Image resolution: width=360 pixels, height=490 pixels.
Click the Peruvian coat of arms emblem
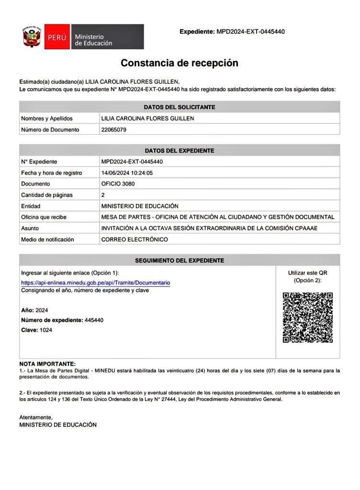click(31, 37)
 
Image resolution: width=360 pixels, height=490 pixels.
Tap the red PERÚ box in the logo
click(56, 37)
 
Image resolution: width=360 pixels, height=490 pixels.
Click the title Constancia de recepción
click(179, 63)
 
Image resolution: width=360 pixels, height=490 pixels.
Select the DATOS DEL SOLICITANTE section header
click(180, 107)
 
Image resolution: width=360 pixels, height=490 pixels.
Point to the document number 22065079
click(114, 129)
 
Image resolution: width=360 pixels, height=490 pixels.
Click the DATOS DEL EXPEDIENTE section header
click(180, 150)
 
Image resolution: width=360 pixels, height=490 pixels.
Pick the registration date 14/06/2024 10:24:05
click(130, 173)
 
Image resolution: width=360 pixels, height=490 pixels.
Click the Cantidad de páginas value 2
click(103, 195)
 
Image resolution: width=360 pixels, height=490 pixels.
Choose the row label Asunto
click(30, 228)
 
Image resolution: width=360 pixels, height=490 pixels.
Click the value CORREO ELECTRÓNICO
click(135, 239)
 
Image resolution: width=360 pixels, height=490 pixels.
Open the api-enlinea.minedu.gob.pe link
click(95, 283)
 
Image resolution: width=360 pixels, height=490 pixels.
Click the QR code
click(307, 317)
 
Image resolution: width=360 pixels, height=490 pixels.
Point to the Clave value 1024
click(46, 330)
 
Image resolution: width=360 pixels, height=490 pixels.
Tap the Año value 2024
click(42, 310)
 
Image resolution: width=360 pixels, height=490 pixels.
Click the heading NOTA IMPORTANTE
click(47, 364)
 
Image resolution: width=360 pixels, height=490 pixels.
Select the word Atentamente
click(35, 417)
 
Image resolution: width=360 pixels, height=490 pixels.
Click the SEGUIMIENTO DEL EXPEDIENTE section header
click(180, 260)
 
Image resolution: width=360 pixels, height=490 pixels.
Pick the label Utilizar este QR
click(307, 273)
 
